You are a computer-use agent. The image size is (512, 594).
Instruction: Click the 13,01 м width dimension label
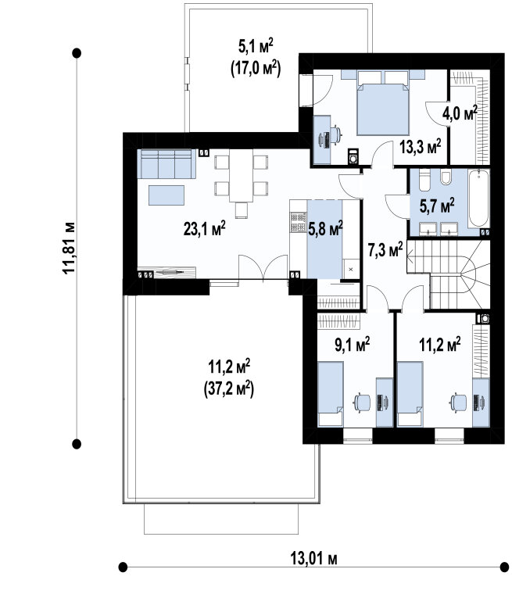click(313, 558)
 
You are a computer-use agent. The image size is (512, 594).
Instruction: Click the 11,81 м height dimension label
click(69, 248)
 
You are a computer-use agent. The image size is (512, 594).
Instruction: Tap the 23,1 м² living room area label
click(205, 229)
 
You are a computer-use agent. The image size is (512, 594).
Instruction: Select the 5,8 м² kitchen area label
click(325, 229)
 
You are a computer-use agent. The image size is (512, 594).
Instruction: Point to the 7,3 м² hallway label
click(385, 249)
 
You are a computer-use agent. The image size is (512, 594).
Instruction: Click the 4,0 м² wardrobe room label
click(460, 113)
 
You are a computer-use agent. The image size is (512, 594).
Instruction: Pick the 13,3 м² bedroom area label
click(421, 146)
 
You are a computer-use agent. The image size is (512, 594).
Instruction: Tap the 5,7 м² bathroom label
click(437, 206)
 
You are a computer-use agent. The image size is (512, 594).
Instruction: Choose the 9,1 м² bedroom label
click(353, 345)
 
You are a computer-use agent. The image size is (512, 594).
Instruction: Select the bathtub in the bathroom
click(478, 199)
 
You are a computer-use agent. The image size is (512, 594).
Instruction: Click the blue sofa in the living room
click(166, 163)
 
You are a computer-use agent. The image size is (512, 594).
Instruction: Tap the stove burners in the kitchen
click(299, 223)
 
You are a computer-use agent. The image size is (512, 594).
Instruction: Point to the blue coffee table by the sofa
click(166, 195)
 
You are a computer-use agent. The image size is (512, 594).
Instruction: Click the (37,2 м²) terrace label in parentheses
click(229, 388)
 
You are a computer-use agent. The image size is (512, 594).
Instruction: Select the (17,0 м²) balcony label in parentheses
click(256, 69)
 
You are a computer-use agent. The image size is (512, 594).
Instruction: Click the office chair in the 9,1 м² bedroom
click(362, 403)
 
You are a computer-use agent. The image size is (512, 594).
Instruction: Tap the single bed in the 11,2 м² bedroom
click(410, 394)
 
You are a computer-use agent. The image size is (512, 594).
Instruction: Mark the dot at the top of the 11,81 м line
click(77, 53)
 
